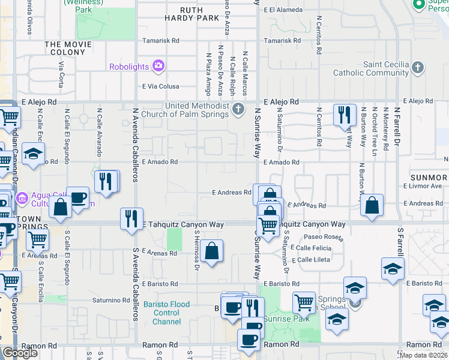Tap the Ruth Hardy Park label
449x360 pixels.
[x=191, y=14]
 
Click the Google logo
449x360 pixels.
[x=20, y=352]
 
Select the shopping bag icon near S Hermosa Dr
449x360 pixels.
[x=212, y=251]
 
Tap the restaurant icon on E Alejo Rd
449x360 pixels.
[x=345, y=114]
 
